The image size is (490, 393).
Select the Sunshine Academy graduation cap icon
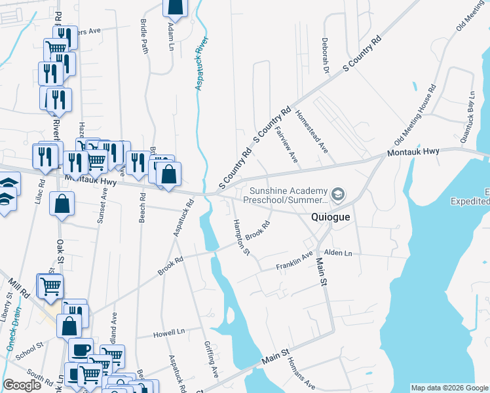(338, 194)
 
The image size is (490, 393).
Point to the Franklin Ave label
(295, 260)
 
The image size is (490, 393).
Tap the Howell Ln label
(168, 333)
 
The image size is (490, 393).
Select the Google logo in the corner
(22, 385)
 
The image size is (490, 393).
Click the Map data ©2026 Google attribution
(449, 388)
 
